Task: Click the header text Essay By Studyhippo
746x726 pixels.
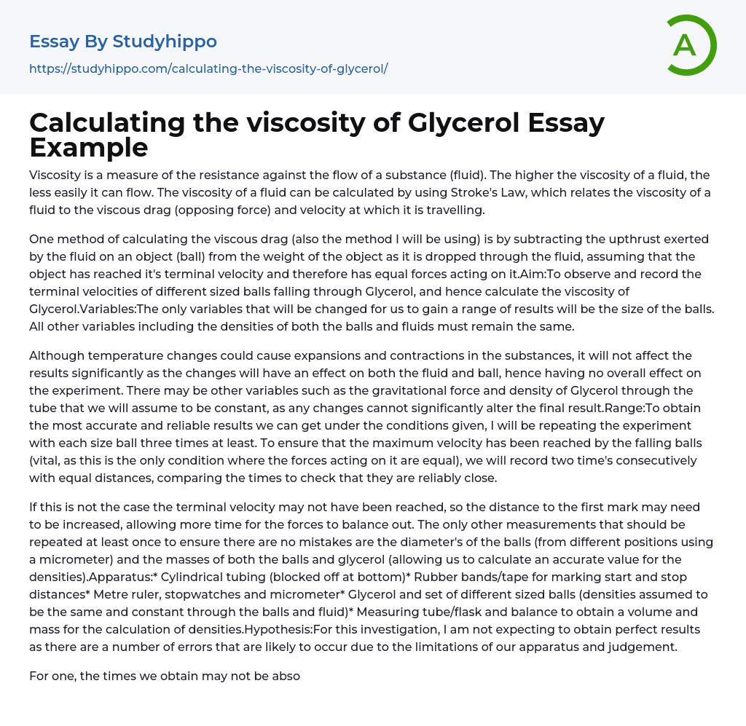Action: pos(123,42)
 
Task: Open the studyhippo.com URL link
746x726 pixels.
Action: pos(208,68)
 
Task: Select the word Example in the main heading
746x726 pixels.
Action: pos(89,147)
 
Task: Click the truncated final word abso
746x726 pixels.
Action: pos(286,676)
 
